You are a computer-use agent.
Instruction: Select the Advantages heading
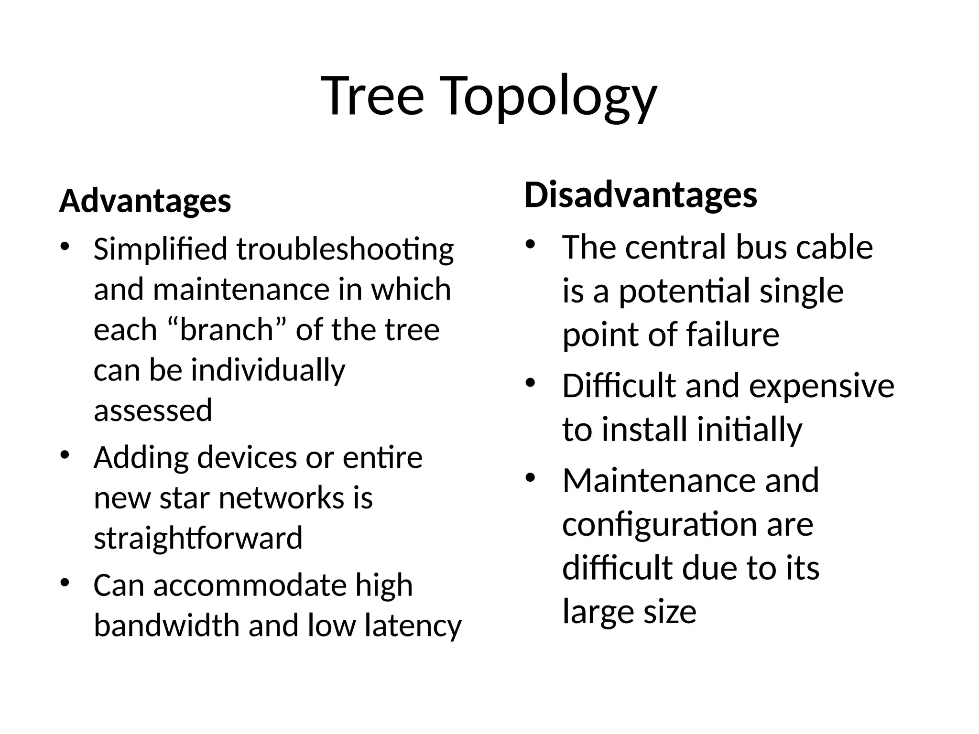click(x=145, y=201)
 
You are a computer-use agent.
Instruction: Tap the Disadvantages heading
click(x=641, y=195)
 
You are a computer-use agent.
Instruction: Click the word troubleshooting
click(x=345, y=250)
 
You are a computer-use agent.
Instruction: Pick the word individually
click(x=268, y=371)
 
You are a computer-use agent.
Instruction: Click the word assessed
click(x=152, y=410)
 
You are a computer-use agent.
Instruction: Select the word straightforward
click(x=198, y=538)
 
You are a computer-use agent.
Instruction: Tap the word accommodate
click(x=249, y=585)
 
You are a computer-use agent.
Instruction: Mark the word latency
click(x=413, y=626)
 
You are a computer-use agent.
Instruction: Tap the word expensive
click(x=821, y=386)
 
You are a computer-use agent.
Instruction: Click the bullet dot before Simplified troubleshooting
click(x=65, y=247)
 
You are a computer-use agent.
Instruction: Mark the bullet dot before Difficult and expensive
click(x=530, y=383)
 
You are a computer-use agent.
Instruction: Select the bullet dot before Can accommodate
click(x=65, y=583)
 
